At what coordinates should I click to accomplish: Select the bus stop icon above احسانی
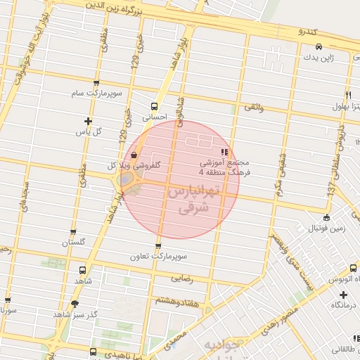point(153,108)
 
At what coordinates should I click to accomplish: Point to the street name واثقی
point(253,108)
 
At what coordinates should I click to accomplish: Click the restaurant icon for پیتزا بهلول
point(348,96)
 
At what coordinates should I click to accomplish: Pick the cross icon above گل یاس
point(88,120)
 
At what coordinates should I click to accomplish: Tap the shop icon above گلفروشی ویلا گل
point(134,156)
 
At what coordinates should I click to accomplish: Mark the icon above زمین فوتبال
point(326,217)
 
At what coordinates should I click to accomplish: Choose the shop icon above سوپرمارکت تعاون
point(157,246)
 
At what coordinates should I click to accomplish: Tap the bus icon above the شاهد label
point(84,269)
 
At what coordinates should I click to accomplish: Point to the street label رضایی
point(181,278)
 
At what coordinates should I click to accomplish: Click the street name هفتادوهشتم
point(173,300)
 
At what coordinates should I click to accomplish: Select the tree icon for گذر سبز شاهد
point(74,304)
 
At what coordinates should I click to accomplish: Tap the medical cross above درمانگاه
point(343,295)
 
